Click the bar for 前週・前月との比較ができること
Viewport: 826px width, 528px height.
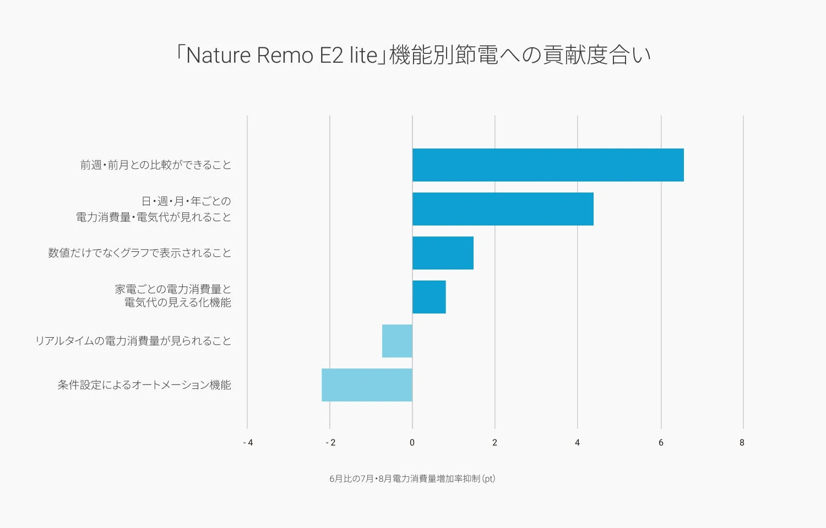click(x=548, y=165)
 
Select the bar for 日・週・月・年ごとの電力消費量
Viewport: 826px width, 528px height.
click(x=503, y=209)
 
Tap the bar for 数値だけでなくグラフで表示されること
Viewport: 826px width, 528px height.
click(x=443, y=253)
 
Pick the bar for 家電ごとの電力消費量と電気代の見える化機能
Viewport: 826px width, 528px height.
click(x=429, y=297)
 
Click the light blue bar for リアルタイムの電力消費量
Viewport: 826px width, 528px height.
click(x=397, y=341)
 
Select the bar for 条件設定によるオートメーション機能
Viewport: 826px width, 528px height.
click(x=367, y=385)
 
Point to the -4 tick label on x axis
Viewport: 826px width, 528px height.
click(x=248, y=443)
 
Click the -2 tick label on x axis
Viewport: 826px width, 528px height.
click(x=330, y=443)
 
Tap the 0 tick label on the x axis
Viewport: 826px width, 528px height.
click(x=412, y=443)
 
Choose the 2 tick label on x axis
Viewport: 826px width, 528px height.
click(x=494, y=443)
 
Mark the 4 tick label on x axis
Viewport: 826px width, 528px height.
click(x=577, y=443)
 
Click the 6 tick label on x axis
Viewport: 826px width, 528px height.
click(x=661, y=443)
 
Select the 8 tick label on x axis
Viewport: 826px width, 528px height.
click(x=742, y=443)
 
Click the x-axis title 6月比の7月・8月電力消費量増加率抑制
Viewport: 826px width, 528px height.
click(x=412, y=479)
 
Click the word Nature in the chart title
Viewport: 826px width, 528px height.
click(x=218, y=56)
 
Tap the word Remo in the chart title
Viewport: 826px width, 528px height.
click(x=285, y=56)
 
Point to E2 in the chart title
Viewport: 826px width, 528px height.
click(x=332, y=56)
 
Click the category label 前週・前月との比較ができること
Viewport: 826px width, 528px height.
click(x=156, y=165)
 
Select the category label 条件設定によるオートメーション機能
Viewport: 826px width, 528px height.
click(x=144, y=385)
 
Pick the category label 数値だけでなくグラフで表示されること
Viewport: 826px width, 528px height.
click(x=139, y=253)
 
